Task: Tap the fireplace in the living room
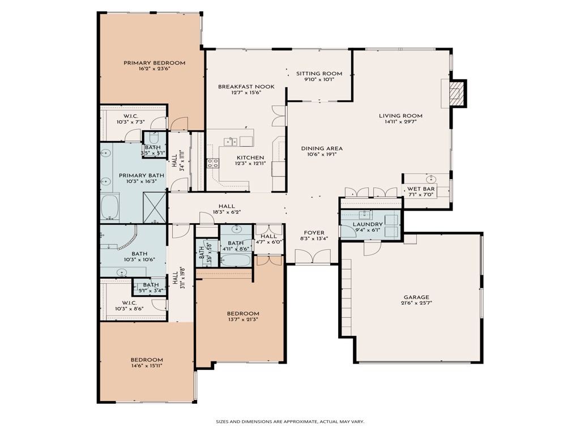tap(454, 93)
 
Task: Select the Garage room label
tap(416, 297)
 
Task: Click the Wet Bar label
tap(421, 189)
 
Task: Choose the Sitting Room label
tap(319, 74)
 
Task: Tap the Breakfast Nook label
tap(246, 87)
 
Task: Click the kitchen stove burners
tap(213, 163)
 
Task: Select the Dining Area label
tap(321, 148)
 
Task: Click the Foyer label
tap(314, 232)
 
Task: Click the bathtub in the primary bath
tap(110, 207)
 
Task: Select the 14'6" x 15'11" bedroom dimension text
tap(147, 366)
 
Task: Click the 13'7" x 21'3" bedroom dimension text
tap(243, 320)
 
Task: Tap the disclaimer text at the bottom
tap(290, 421)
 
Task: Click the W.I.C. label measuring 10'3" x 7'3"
tap(131, 122)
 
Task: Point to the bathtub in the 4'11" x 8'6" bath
tap(236, 260)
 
